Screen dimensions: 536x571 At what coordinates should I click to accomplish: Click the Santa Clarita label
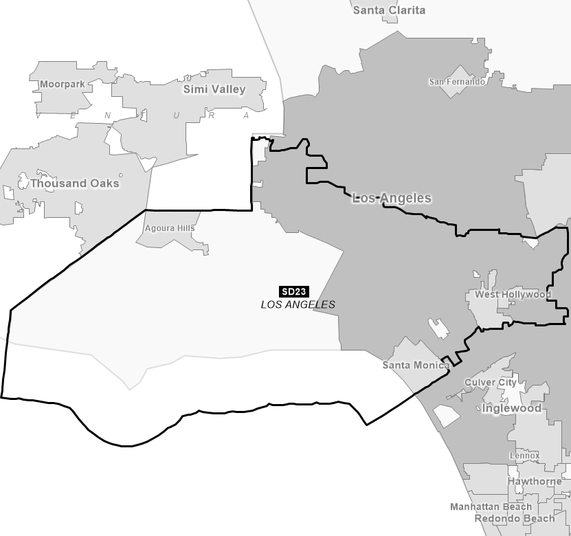pos(389,10)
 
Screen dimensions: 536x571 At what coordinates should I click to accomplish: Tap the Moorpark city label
pos(61,85)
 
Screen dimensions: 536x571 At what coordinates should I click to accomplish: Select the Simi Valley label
pos(214,89)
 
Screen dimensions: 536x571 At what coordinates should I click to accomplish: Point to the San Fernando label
pos(457,82)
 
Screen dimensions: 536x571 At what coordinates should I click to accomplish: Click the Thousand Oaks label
pos(74,183)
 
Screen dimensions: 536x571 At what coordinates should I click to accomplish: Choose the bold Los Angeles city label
pos(392,198)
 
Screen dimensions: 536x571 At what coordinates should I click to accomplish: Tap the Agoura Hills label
pos(170,228)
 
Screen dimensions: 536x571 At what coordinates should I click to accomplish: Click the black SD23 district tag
pos(294,291)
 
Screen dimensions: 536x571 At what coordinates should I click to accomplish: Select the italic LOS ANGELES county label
pos(298,304)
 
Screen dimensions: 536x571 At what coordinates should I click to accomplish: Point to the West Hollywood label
pos(513,295)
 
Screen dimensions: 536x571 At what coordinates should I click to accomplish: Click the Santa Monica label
pos(416,365)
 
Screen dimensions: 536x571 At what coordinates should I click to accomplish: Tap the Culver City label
pos(490,382)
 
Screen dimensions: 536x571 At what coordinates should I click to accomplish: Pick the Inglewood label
pos(512,408)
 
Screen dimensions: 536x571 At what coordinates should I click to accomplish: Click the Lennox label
pos(524,456)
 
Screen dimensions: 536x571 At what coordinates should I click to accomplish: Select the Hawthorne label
pos(535,482)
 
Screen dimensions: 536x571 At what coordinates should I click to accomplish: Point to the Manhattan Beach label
pos(491,506)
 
